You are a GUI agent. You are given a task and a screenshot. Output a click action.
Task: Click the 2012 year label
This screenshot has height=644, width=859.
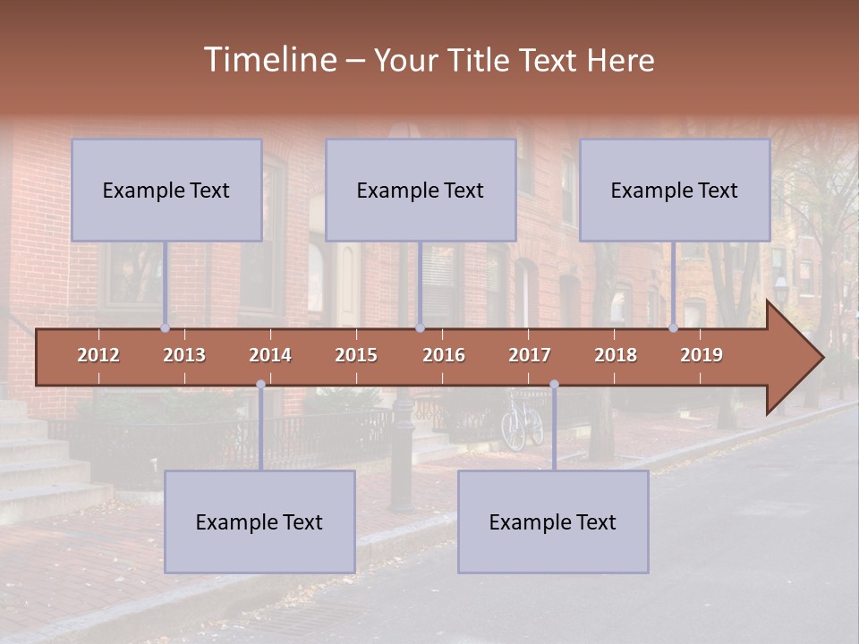click(x=98, y=355)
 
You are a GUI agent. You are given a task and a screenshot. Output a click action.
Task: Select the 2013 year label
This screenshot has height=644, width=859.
click(x=184, y=355)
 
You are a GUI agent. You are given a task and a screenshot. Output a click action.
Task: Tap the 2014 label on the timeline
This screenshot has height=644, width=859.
click(x=270, y=355)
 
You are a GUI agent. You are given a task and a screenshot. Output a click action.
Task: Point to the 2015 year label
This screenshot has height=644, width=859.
click(x=356, y=355)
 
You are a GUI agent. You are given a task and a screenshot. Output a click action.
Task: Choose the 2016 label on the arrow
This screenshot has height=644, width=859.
click(x=444, y=355)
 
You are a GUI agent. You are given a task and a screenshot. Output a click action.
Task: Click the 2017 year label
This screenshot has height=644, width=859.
click(x=530, y=355)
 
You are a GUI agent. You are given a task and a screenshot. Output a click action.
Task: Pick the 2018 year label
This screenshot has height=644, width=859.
click(x=616, y=355)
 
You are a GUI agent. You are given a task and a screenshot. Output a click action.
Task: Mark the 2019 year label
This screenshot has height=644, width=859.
click(x=702, y=355)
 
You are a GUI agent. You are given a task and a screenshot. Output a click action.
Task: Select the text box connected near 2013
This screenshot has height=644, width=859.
click(x=166, y=190)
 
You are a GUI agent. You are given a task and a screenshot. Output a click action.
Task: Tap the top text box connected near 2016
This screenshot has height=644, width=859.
click(x=421, y=190)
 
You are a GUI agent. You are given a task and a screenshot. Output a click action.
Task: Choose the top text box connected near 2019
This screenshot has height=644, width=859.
click(x=675, y=190)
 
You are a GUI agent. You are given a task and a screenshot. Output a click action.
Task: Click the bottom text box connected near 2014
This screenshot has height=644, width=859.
click(x=259, y=521)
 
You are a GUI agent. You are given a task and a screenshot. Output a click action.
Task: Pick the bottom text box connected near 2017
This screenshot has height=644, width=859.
click(x=553, y=521)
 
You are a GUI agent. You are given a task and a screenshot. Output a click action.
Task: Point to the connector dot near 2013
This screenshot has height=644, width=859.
click(x=165, y=328)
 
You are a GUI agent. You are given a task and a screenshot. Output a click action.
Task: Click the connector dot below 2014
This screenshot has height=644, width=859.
click(x=260, y=385)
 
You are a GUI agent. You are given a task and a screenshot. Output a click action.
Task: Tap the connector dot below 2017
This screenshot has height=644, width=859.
click(x=554, y=385)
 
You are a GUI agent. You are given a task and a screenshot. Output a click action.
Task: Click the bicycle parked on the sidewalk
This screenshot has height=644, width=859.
click(x=522, y=422)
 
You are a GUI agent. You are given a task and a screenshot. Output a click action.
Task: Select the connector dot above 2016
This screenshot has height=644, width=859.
click(x=420, y=328)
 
